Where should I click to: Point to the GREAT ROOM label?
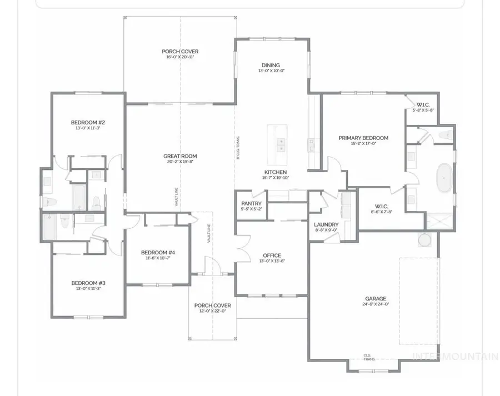tap(180, 156)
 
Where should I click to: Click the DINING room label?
tap(271, 65)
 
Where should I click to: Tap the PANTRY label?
tap(251, 203)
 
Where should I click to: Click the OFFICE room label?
tap(271, 256)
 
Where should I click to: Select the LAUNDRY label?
tap(326, 224)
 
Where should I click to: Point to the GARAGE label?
tap(376, 298)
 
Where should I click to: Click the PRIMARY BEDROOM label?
tap(363, 138)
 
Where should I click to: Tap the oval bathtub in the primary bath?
tap(443, 177)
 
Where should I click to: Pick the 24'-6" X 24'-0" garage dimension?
tap(376, 304)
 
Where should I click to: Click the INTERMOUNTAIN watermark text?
tap(454, 356)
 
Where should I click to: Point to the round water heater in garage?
tap(424, 240)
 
